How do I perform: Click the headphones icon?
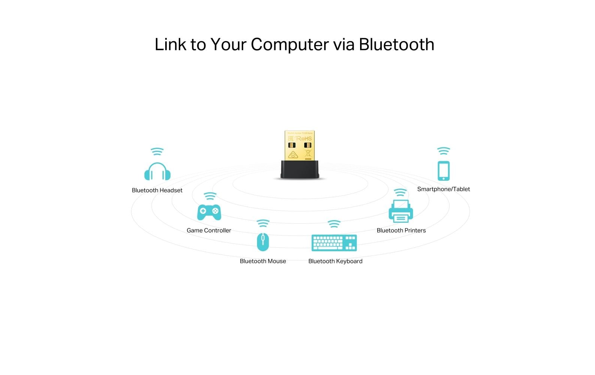click(157, 172)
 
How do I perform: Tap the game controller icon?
click(209, 212)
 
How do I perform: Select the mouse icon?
click(263, 242)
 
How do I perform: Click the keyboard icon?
click(334, 243)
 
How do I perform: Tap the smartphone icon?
click(444, 171)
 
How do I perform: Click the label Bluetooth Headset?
click(157, 190)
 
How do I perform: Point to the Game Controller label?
click(209, 230)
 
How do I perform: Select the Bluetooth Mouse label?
click(263, 261)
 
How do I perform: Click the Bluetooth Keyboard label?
click(335, 261)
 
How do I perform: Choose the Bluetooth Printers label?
click(401, 230)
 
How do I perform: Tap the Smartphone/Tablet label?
click(443, 189)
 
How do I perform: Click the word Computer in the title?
click(290, 45)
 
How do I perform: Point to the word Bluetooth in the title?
click(396, 45)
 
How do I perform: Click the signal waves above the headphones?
click(157, 151)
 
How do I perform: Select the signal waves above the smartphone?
click(444, 151)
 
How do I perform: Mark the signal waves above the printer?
click(400, 193)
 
